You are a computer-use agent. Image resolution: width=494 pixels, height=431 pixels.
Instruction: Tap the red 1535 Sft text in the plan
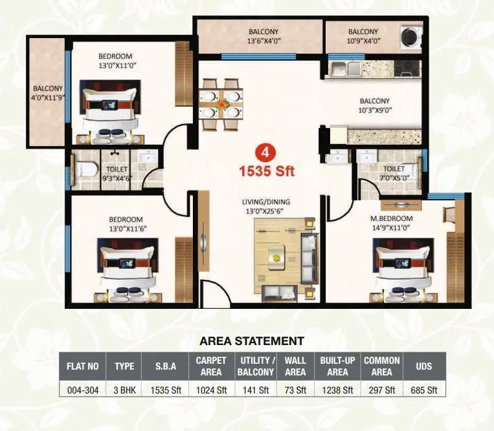pyautogui.click(x=267, y=171)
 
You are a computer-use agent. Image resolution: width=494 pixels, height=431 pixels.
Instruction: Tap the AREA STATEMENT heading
pyautogui.click(x=252, y=341)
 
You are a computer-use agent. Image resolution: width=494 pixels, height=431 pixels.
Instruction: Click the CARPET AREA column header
pyautogui.click(x=211, y=366)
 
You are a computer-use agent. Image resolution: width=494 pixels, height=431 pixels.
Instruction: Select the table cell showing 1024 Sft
pyautogui.click(x=211, y=390)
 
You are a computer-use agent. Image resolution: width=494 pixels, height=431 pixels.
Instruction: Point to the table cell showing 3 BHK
pyautogui.click(x=124, y=390)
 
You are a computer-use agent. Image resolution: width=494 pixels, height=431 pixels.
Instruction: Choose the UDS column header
pyautogui.click(x=424, y=366)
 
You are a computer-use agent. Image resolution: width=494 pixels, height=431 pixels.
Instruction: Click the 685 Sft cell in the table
pyautogui.click(x=424, y=390)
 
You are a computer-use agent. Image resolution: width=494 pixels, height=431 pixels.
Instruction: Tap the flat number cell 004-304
pyautogui.click(x=82, y=390)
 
